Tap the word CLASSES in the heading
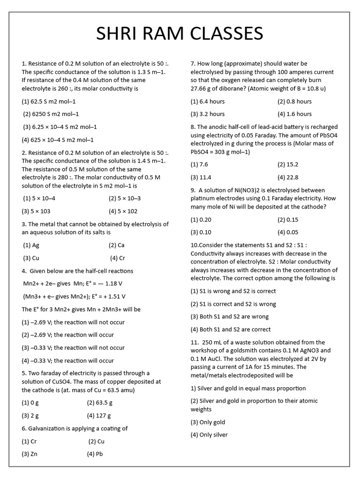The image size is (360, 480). (x=225, y=34)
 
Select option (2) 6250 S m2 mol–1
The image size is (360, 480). (x=51, y=114)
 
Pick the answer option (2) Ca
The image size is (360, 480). (x=117, y=245)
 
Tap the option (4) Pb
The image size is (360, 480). (x=95, y=454)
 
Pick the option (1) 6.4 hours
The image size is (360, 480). (x=207, y=101)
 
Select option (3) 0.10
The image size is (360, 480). (x=201, y=232)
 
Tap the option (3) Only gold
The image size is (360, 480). (x=208, y=422)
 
